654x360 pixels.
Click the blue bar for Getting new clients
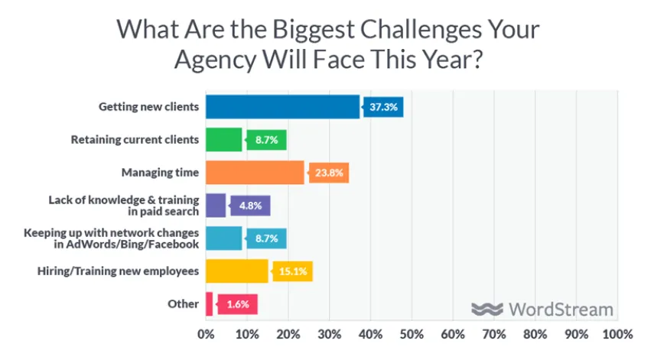coord(282,107)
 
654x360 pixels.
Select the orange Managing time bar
coord(255,173)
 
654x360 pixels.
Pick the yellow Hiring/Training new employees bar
coord(236,271)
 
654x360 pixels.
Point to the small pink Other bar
coord(209,303)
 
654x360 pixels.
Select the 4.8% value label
coord(252,206)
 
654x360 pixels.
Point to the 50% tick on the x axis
coord(412,334)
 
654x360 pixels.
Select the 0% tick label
coord(206,334)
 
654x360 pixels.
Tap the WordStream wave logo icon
coord(486,309)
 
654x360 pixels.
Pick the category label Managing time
coord(160,173)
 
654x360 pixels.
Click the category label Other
coord(183,303)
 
